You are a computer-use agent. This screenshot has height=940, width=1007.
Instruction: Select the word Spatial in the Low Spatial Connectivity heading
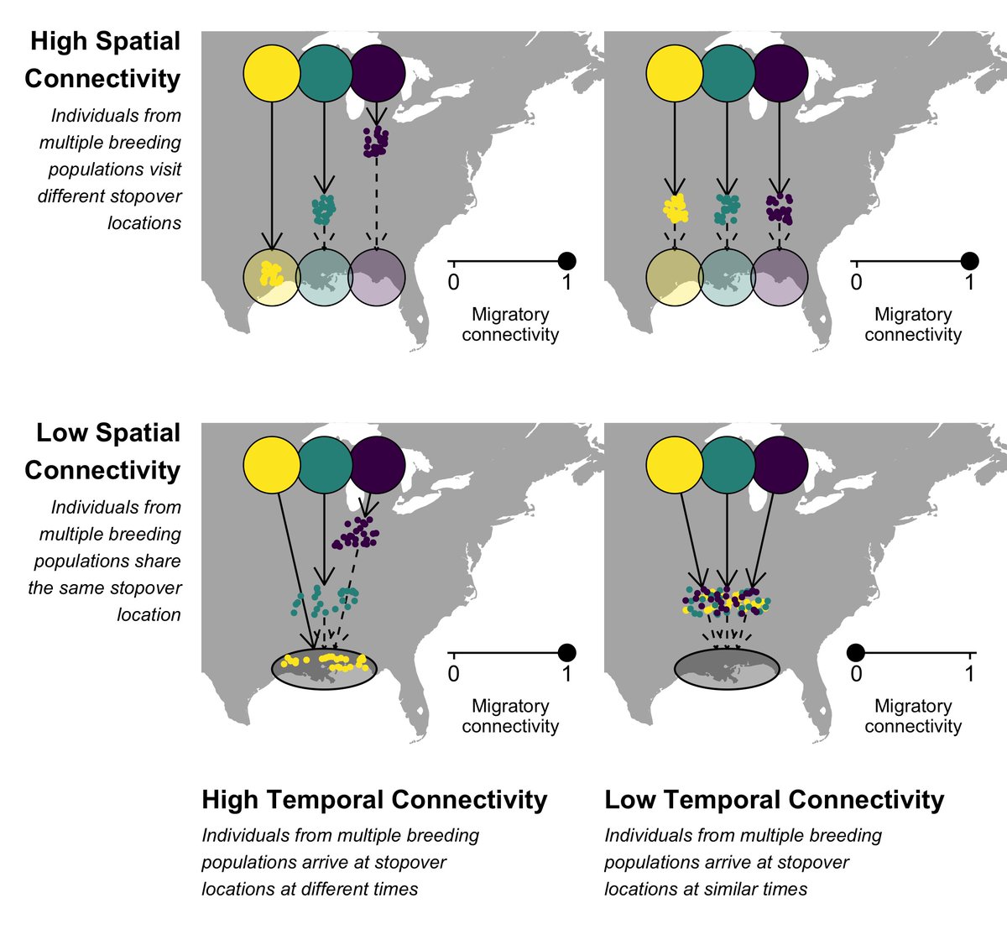[x=143, y=433]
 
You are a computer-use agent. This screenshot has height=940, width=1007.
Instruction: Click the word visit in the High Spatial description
[x=164, y=169]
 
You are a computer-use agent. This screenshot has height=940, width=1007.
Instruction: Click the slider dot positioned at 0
[x=855, y=652]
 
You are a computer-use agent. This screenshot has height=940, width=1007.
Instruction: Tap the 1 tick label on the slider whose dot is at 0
[x=969, y=673]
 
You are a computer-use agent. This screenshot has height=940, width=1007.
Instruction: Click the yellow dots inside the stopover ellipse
[x=327, y=661]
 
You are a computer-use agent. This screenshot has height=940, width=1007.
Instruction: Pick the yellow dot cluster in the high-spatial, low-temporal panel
[x=674, y=208]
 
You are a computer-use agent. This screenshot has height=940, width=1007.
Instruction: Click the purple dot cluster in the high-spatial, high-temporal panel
[x=375, y=142]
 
